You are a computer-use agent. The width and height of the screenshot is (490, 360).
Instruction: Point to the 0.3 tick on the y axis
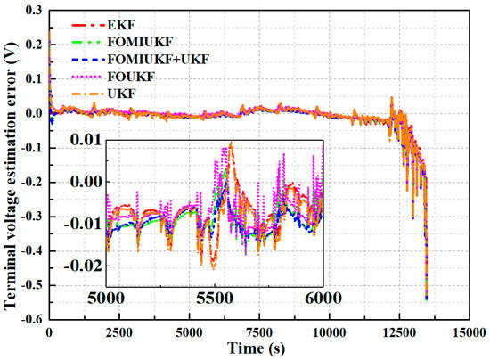pos(34,10)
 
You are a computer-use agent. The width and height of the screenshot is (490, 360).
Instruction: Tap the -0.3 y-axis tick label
pos(31,217)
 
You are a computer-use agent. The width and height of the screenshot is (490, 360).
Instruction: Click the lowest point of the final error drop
pos(426,300)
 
